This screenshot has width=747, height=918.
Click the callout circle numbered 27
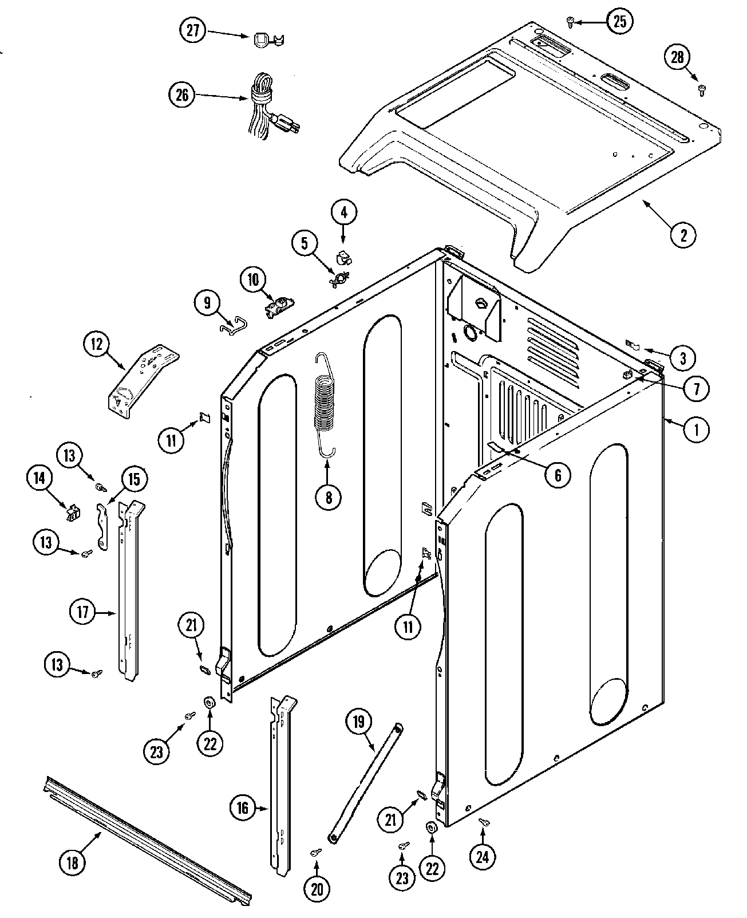pyautogui.click(x=192, y=30)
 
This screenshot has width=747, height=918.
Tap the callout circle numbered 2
pyautogui.click(x=683, y=233)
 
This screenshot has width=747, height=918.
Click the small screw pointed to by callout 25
pyautogui.click(x=570, y=22)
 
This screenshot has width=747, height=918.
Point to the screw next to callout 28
pyautogui.click(x=701, y=89)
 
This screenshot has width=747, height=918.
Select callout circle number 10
pyautogui.click(x=253, y=280)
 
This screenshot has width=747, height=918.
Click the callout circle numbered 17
pyautogui.click(x=84, y=612)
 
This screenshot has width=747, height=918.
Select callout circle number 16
pyautogui.click(x=243, y=807)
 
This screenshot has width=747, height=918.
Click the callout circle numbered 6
pyautogui.click(x=557, y=474)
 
